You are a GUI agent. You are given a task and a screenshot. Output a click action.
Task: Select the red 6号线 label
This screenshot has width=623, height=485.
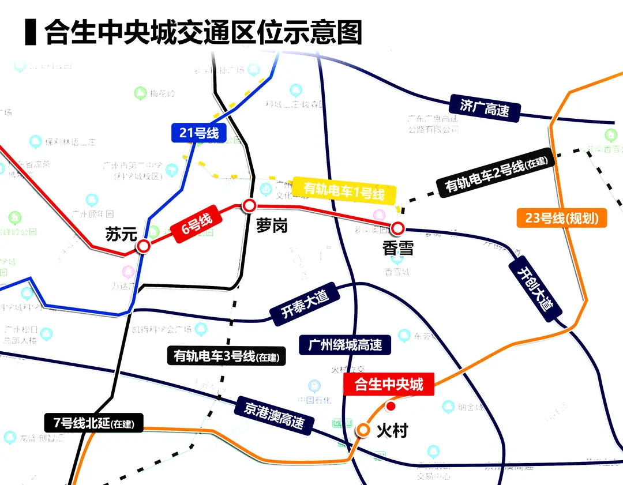point(198,224)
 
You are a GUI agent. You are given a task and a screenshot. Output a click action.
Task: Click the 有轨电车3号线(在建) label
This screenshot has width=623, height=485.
point(226,356)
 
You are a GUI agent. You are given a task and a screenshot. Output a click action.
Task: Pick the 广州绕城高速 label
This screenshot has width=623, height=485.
point(345,345)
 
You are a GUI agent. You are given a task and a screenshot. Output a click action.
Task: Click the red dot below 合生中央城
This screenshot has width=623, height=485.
point(391,407)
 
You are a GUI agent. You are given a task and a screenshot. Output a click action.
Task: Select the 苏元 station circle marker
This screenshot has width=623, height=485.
point(143,247)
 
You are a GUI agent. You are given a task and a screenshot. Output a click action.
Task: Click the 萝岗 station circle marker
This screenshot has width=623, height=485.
point(249,205)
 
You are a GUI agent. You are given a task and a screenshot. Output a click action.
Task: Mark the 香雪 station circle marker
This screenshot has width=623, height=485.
point(397,228)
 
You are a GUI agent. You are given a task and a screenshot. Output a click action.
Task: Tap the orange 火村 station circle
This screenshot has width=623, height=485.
point(363,430)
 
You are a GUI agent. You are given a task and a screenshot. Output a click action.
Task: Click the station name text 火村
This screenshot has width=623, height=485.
point(392,430)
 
